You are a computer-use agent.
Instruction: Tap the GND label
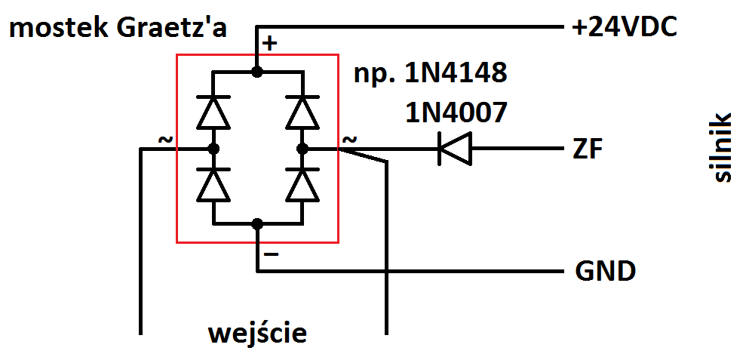605,270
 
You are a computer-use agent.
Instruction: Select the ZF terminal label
588,149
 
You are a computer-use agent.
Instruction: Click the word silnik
722,149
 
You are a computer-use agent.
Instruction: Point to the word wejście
257,333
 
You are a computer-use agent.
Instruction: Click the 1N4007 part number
456,112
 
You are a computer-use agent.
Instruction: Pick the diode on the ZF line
454,149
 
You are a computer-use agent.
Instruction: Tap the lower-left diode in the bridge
213,186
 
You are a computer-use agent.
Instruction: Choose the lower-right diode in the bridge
303,186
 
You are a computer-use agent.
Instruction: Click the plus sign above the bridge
269,44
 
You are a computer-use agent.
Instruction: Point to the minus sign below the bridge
272,254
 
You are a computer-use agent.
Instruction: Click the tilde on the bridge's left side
164,140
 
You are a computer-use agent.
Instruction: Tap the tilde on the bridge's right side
350,140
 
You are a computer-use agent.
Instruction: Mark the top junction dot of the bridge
257,72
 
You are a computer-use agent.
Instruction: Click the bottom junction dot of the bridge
257,223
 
